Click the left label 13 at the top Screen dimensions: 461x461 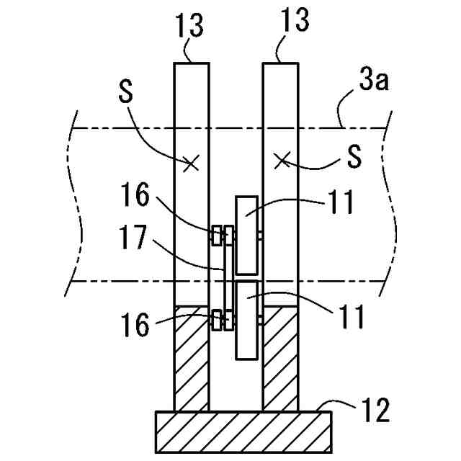[189, 26]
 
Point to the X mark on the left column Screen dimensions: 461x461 [190, 164]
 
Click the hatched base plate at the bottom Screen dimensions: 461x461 [243, 431]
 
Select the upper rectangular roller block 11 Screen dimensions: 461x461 [246, 235]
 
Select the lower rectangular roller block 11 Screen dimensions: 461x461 [246, 320]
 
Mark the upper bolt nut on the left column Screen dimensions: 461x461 [215, 235]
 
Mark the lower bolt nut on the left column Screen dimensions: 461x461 [215, 318]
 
